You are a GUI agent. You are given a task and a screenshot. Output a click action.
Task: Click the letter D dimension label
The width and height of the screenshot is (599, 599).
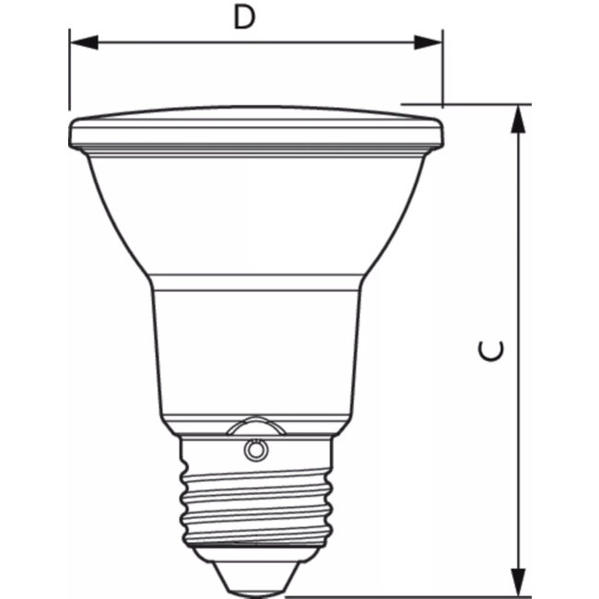[x=243, y=18]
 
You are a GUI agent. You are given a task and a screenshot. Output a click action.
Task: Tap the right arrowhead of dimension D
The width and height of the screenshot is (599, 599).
[x=429, y=41]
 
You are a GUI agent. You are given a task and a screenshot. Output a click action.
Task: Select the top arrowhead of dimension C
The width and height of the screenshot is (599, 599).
[x=520, y=119]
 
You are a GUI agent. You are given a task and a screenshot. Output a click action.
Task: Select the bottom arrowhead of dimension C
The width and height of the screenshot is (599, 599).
[x=520, y=581]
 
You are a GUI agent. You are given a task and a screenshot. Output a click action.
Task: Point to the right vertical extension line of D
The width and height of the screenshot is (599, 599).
[x=443, y=69]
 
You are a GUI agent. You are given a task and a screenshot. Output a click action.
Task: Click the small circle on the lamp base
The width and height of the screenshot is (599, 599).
[x=253, y=449]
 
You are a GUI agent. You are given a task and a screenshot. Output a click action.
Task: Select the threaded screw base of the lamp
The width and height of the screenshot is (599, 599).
[x=253, y=502]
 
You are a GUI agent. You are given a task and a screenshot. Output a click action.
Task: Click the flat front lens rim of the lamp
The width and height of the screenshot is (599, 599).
[x=255, y=133]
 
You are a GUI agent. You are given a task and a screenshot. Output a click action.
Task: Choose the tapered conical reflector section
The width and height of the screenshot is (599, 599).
[x=255, y=217]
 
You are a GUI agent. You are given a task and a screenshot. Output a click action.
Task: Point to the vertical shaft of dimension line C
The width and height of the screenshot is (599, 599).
[x=520, y=276]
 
